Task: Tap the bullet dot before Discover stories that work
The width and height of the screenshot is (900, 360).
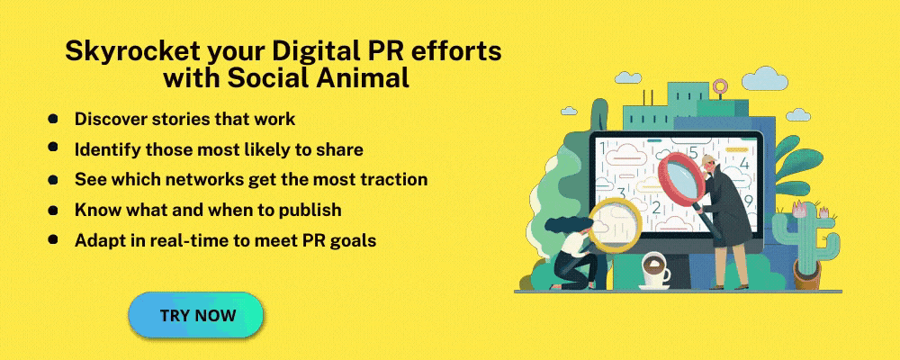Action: pyautogui.click(x=53, y=118)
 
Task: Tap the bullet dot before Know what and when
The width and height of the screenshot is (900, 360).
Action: pyautogui.click(x=53, y=210)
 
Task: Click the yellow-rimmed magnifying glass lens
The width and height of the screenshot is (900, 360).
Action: pyautogui.click(x=614, y=224)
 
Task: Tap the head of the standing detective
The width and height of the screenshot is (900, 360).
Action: pyautogui.click(x=710, y=163)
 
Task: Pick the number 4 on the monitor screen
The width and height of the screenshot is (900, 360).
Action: pyautogui.click(x=744, y=162)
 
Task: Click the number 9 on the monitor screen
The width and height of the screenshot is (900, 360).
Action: pyautogui.click(x=749, y=201)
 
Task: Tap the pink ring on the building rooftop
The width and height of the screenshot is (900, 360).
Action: pyautogui.click(x=720, y=87)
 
